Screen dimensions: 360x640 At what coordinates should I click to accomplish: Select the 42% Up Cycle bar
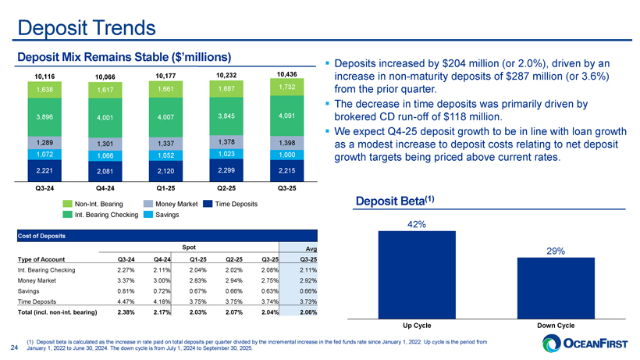coord(418,273)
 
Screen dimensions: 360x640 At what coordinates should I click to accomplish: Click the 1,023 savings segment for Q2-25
coord(226,154)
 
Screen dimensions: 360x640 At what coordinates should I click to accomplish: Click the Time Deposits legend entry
coord(233,203)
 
